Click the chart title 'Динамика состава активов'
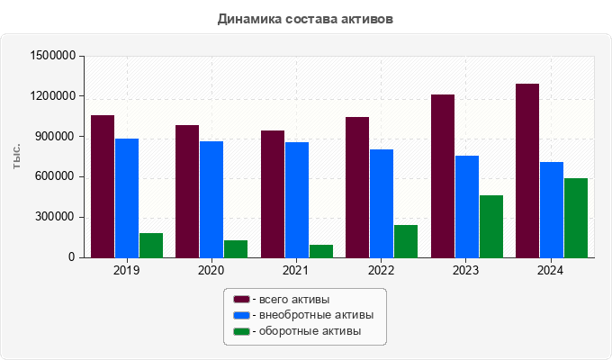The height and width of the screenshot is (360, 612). [x=305, y=18]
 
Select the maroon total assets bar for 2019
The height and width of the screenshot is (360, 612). [x=103, y=186]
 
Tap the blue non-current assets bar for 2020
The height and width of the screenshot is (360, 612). [x=211, y=199]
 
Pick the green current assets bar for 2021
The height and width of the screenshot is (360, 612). [x=321, y=251]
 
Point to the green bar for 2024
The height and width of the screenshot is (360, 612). [x=576, y=218]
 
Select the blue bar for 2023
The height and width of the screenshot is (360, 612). [x=466, y=206]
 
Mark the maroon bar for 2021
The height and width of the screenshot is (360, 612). [x=273, y=193]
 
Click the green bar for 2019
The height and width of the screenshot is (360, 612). [x=151, y=245]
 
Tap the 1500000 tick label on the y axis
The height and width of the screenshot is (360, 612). [x=52, y=56]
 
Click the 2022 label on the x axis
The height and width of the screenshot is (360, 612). [x=381, y=270]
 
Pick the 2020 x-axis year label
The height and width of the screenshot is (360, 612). [x=211, y=270]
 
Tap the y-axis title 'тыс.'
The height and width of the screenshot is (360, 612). [x=17, y=156]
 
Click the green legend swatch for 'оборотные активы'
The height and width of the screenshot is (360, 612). [x=241, y=331]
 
